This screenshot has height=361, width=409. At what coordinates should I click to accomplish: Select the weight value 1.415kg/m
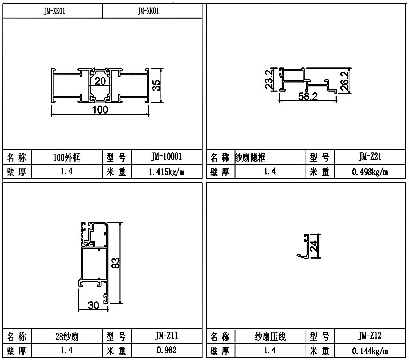click(x=166, y=172)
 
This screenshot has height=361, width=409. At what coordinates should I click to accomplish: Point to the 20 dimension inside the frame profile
click(x=100, y=82)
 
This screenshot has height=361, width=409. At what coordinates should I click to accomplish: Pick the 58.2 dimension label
click(x=307, y=96)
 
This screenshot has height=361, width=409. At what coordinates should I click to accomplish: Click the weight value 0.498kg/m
click(x=370, y=172)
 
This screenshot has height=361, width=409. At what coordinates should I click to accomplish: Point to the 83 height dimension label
click(x=116, y=263)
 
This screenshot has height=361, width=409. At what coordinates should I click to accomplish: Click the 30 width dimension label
click(x=93, y=305)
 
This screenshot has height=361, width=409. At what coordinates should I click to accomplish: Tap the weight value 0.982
click(x=166, y=351)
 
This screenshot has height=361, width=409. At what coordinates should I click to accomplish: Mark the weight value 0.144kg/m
click(x=370, y=351)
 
